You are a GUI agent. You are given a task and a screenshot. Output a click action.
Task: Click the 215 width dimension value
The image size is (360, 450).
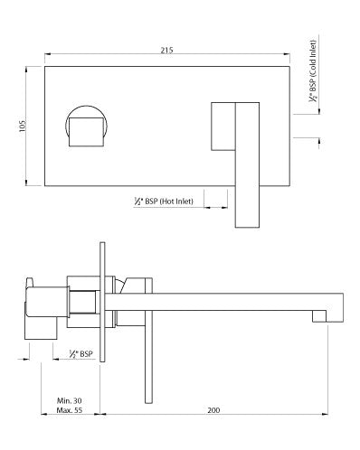(166, 51)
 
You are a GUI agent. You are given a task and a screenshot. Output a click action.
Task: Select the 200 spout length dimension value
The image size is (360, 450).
(213, 411)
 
